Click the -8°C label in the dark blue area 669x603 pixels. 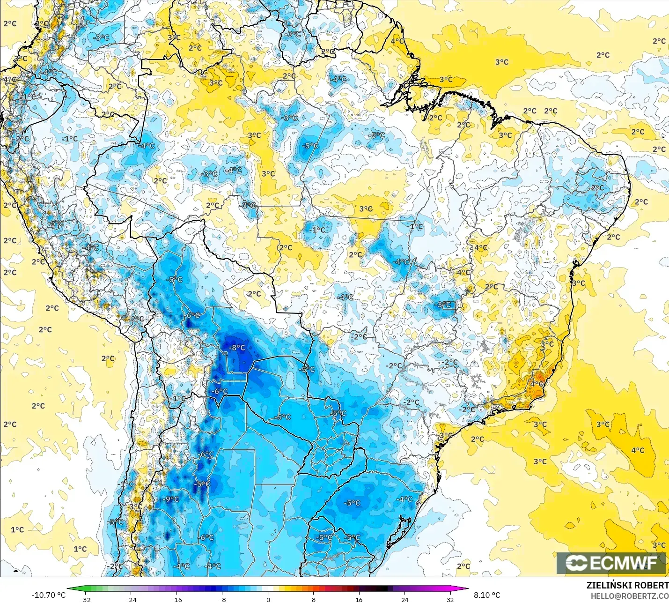237,348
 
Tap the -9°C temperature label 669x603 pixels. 171,499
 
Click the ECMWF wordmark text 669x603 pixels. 623,563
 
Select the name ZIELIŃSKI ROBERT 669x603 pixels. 627,585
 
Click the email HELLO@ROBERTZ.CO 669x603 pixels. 629,596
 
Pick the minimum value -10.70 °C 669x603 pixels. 48,595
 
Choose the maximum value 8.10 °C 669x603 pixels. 487,595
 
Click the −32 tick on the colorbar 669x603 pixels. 85,599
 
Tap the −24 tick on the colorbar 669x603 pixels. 131,599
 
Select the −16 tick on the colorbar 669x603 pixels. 176,599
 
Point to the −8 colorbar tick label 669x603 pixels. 222,599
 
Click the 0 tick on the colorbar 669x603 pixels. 268,599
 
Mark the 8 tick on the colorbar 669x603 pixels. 313,599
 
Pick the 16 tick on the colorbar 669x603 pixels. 359,599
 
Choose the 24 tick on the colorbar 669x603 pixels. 404,599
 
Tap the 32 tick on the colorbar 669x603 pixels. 450,599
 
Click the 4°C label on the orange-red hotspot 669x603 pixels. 537,384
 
